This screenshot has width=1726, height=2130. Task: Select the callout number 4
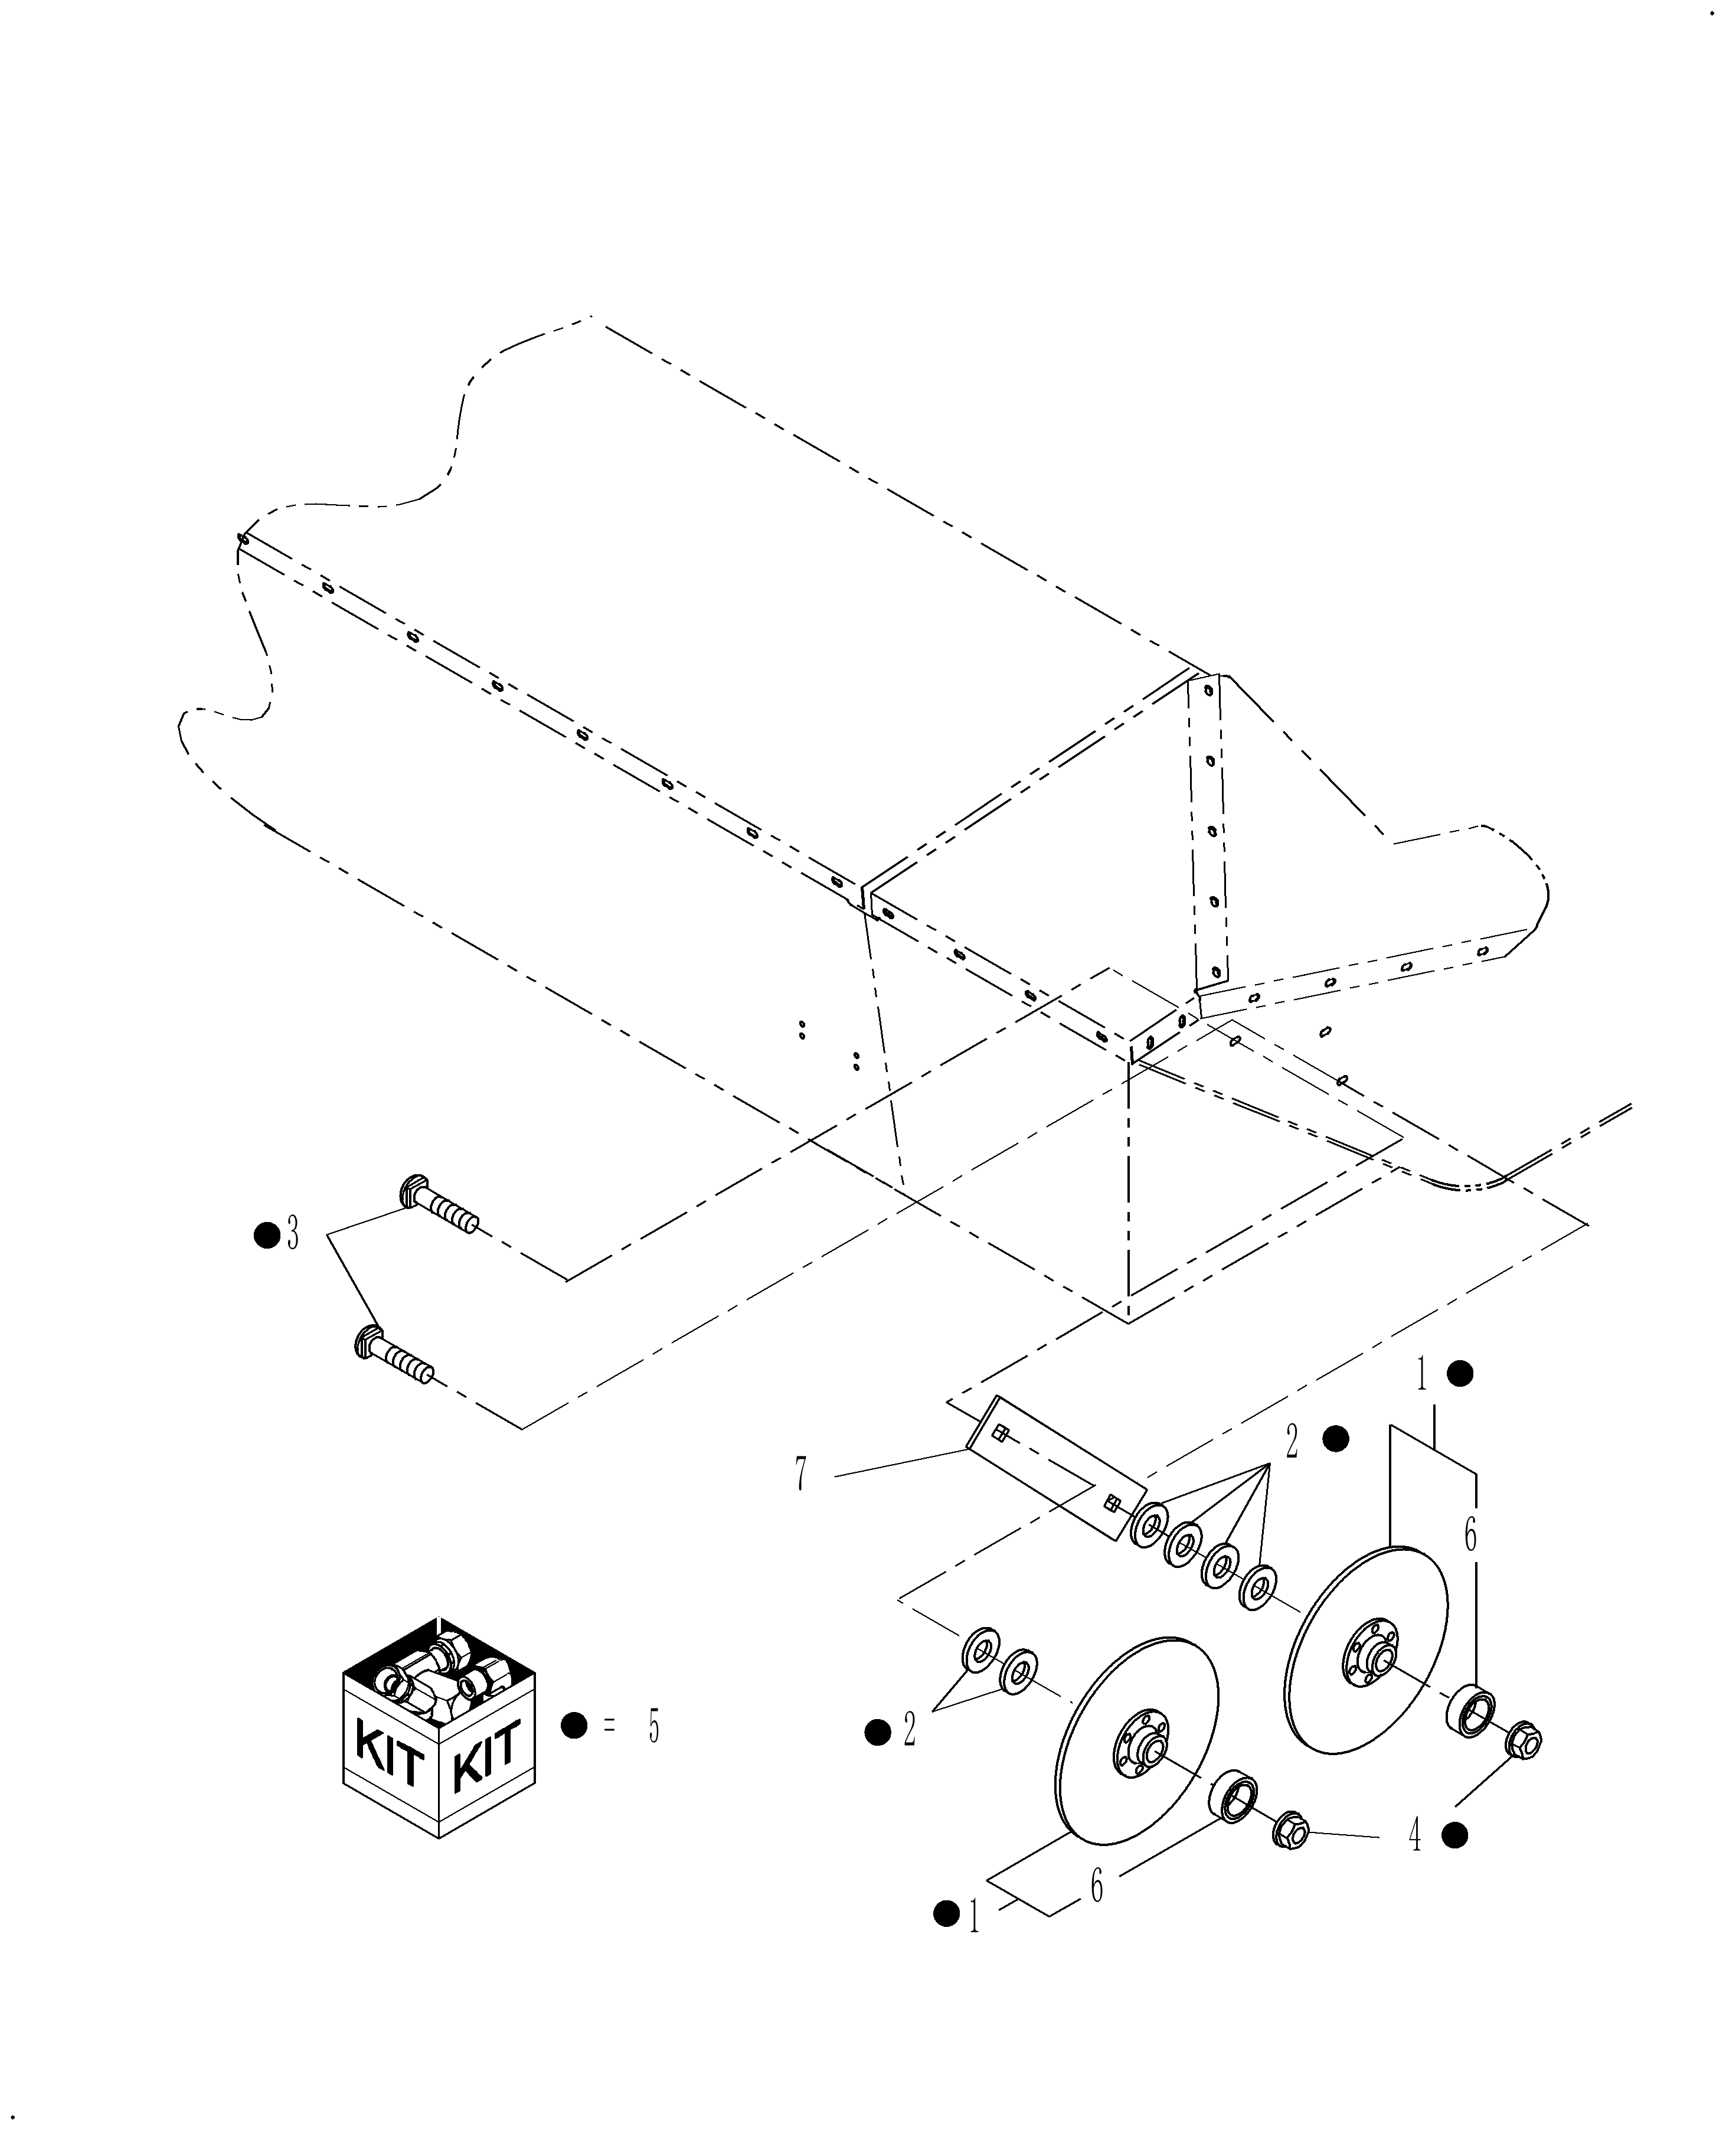pyautogui.click(x=1416, y=1835)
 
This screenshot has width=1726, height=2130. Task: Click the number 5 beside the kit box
pyautogui.click(x=653, y=1727)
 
